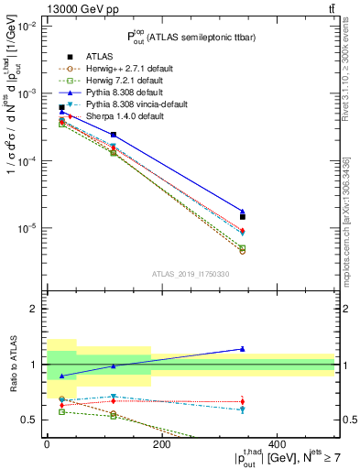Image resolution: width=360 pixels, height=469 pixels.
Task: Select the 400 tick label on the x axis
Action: click(277, 444)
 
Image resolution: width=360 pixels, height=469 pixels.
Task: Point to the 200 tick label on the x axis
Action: click(161, 444)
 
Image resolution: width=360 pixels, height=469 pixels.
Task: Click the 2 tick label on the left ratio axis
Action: click(33, 309)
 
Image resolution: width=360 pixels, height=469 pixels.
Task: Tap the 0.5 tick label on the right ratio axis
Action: click(348, 420)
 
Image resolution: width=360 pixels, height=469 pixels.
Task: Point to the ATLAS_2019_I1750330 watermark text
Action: click(191, 274)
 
